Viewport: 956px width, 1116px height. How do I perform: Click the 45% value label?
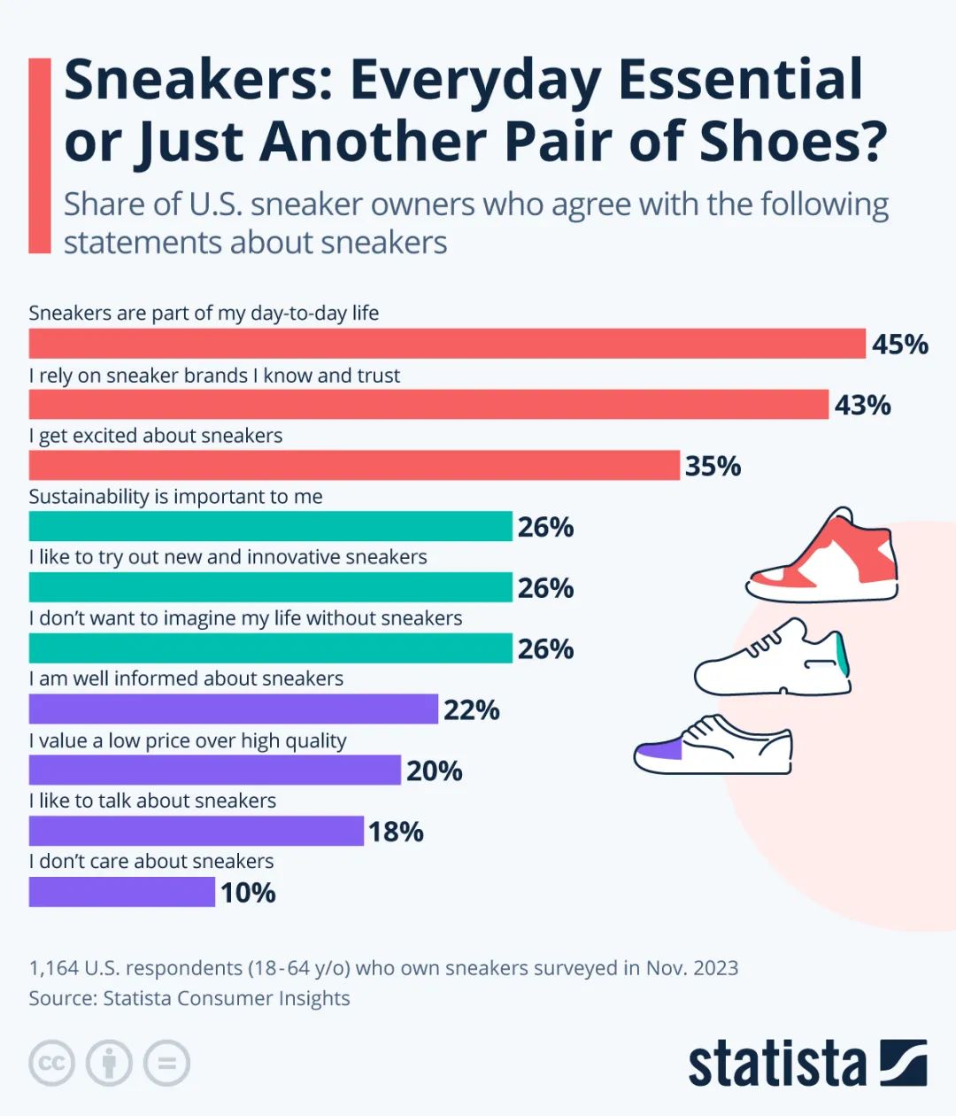(x=899, y=344)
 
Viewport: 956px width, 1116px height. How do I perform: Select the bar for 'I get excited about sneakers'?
(x=354, y=465)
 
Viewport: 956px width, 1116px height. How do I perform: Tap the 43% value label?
(x=862, y=405)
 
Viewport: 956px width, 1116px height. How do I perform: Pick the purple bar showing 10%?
(x=121, y=892)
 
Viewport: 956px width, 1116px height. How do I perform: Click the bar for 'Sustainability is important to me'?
(x=270, y=526)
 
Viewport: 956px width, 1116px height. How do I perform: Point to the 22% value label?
(x=471, y=709)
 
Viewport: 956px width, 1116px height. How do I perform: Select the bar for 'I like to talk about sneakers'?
(x=196, y=831)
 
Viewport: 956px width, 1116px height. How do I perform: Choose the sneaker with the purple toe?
(x=713, y=746)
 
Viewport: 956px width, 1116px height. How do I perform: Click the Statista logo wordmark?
(x=776, y=1064)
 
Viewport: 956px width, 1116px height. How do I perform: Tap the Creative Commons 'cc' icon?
(x=52, y=1063)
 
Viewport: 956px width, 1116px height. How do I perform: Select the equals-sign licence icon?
(x=166, y=1063)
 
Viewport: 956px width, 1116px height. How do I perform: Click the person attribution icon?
(x=109, y=1063)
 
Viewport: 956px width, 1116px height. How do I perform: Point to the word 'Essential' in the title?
(x=739, y=80)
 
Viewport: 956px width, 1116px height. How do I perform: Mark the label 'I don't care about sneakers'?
(x=150, y=861)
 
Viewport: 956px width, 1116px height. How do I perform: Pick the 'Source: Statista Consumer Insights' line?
(x=189, y=998)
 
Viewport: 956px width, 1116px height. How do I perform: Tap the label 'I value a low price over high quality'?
(x=187, y=740)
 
